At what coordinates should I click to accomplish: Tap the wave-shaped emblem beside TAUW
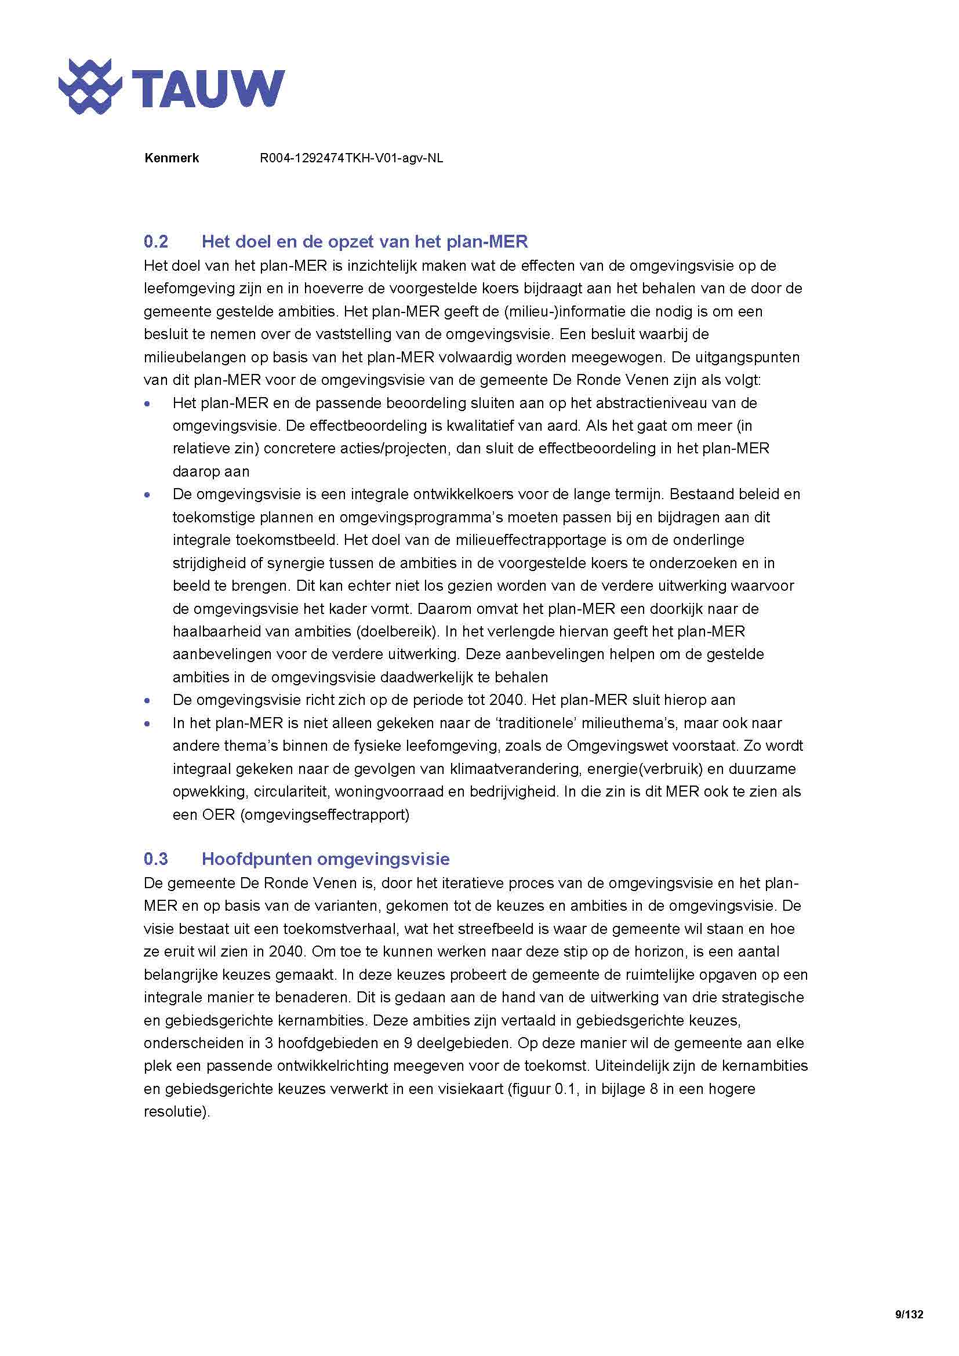point(90,87)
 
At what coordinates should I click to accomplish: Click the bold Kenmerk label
point(171,158)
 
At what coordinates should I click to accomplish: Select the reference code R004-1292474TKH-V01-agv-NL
point(351,158)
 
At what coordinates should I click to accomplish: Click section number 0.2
point(156,242)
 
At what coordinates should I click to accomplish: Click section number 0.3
point(156,859)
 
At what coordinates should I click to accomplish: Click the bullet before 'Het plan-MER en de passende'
point(148,404)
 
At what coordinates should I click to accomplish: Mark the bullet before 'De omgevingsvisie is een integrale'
point(148,495)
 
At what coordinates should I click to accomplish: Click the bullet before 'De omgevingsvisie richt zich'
point(148,701)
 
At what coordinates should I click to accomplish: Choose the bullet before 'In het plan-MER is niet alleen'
point(148,724)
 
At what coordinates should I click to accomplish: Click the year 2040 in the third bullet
point(506,700)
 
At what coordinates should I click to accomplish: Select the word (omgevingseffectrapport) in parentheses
point(324,815)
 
